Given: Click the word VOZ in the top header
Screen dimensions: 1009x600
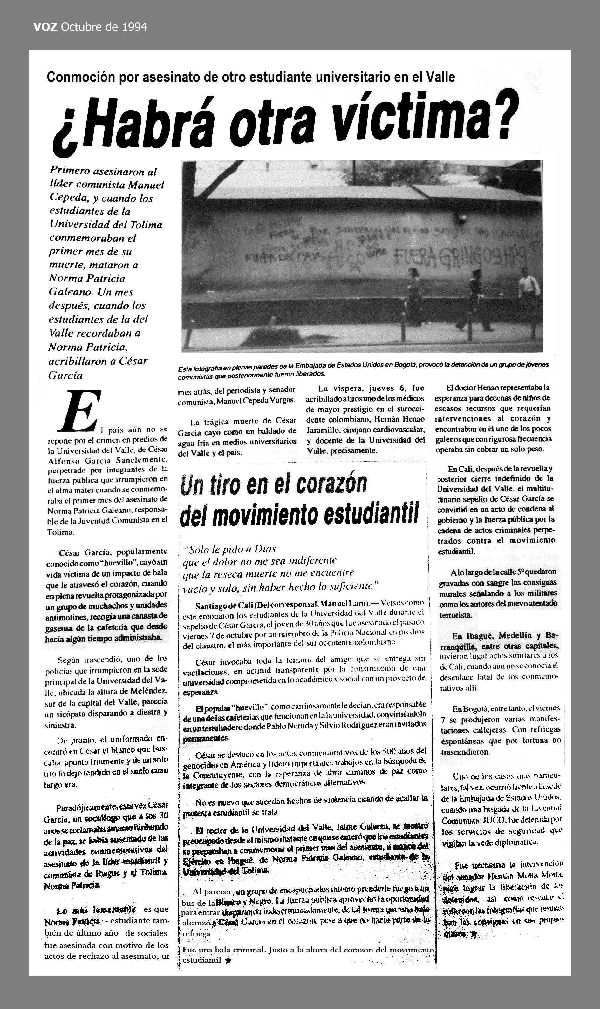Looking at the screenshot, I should pyautogui.click(x=46, y=27).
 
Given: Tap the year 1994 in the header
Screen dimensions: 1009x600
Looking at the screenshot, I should pyautogui.click(x=134, y=27).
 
